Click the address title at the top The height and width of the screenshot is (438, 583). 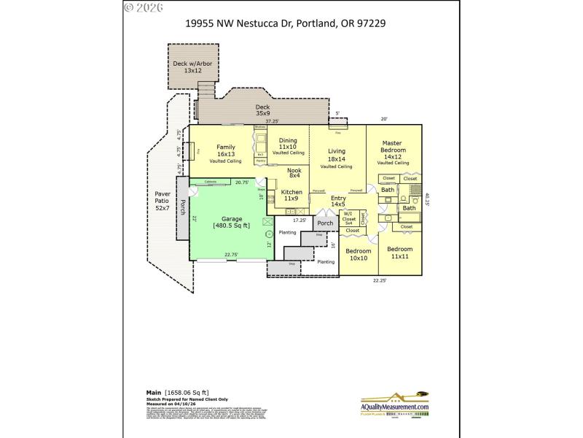pos(291,23)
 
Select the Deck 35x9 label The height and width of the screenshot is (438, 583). pos(262,110)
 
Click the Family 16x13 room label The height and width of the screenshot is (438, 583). pos(225,154)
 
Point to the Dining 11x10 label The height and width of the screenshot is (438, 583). pos(288,147)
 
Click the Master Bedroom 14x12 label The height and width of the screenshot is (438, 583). pos(393,153)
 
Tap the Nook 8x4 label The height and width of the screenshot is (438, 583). pos(294,173)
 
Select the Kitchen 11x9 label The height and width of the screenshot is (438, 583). pos(291,195)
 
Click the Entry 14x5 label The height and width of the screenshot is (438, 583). pos(338,201)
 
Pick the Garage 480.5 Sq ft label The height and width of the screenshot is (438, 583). pos(231,222)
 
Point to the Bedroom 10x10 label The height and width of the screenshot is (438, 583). pos(358,255)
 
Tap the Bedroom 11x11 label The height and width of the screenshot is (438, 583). pos(400,253)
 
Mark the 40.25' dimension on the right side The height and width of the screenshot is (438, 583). pos(428,199)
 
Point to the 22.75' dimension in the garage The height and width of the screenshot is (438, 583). pos(232,255)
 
